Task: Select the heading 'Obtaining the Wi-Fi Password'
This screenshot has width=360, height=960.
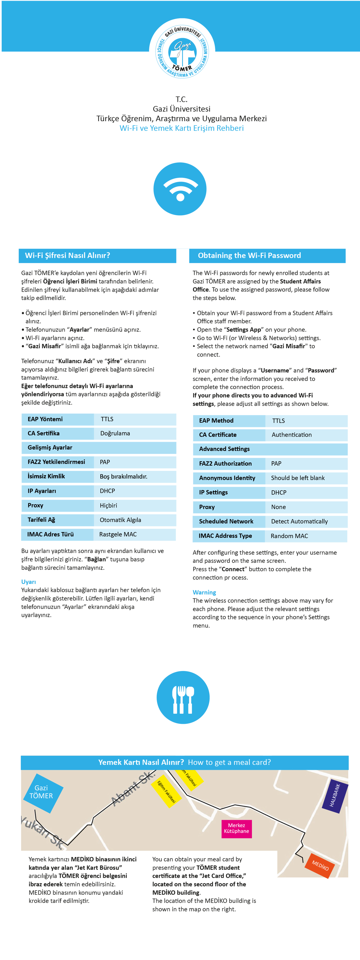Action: click(x=249, y=255)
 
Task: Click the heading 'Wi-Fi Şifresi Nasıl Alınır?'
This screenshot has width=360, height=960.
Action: click(x=67, y=255)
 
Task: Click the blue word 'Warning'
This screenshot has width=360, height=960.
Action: click(x=204, y=592)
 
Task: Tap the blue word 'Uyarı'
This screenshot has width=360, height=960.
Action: click(x=29, y=582)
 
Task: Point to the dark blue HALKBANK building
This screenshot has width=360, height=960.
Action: click(x=335, y=796)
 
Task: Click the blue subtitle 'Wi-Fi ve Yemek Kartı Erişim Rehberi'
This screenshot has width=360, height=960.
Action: click(x=181, y=128)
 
